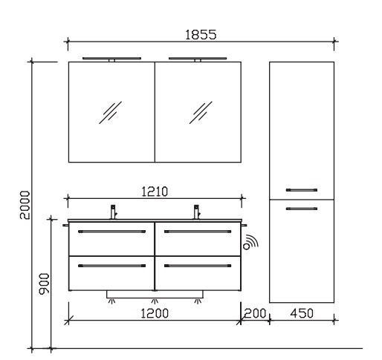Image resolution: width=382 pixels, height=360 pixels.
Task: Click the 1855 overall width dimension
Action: click(x=201, y=35)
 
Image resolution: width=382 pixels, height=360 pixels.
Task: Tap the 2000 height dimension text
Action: click(x=25, y=205)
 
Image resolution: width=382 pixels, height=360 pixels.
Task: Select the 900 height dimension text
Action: click(x=45, y=284)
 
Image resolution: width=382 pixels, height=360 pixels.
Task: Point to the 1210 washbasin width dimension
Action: click(x=155, y=192)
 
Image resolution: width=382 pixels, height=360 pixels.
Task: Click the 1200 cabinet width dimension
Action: click(x=155, y=313)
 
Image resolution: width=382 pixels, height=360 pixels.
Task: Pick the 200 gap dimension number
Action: click(x=255, y=313)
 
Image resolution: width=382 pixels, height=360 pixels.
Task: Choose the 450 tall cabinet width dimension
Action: click(x=302, y=313)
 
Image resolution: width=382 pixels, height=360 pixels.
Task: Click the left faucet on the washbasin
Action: click(x=114, y=212)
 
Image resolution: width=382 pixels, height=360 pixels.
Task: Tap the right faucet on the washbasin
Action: click(x=197, y=212)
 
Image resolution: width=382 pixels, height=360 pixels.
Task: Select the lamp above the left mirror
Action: click(x=111, y=59)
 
